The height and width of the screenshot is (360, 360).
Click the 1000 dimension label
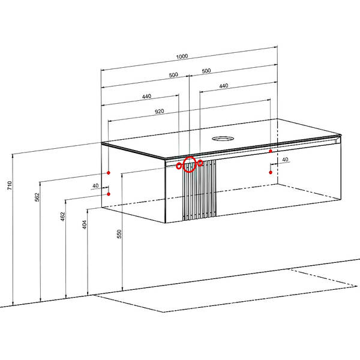coord(182,56)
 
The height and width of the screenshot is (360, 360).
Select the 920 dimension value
coord(160,112)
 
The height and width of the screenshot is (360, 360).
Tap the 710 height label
coord(10,185)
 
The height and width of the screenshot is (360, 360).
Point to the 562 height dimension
coord(37,197)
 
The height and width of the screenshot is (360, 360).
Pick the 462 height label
coord(62,217)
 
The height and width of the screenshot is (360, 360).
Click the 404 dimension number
coord(85,225)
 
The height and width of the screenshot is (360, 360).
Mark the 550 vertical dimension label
coord(119,234)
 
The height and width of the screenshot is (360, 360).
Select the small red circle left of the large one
coord(179,166)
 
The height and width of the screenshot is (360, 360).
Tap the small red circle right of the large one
coord(200,163)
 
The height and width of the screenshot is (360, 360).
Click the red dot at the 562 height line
coord(109,173)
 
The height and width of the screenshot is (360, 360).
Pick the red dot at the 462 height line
coord(109,194)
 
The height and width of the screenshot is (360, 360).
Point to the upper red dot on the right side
coord(271,151)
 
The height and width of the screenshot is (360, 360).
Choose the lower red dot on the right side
coord(271,172)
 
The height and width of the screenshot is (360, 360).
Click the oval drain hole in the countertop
coord(223,139)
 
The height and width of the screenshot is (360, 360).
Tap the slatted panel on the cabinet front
coord(199,190)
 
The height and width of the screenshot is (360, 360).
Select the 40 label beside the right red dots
coord(285,160)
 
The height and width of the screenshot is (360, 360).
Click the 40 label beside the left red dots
coord(95,186)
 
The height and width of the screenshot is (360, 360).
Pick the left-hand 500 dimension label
coord(173,75)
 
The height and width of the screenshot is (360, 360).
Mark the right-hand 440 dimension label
coord(224,86)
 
